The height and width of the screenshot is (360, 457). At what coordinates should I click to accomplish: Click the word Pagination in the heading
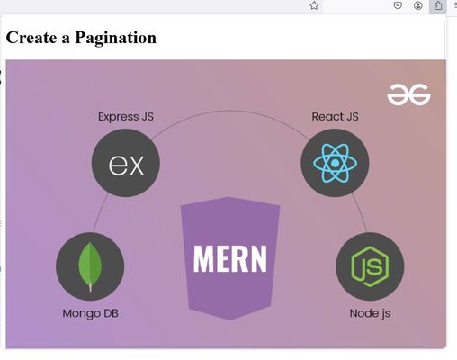click(115, 39)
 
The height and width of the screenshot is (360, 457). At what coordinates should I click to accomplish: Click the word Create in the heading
click(31, 38)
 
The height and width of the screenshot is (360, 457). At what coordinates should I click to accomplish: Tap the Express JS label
click(126, 116)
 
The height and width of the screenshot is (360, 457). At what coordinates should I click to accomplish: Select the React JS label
click(335, 116)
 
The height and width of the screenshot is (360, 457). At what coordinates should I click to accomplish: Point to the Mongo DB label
click(90, 313)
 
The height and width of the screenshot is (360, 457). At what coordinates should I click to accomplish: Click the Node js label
click(370, 313)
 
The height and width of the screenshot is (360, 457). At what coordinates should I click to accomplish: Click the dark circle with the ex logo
click(126, 163)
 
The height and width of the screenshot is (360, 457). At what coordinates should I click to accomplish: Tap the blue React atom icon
click(335, 163)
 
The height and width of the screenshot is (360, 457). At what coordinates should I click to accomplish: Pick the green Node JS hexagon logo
click(370, 266)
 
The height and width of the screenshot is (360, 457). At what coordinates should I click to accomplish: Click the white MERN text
click(230, 259)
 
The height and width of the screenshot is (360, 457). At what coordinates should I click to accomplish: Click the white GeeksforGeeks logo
click(408, 94)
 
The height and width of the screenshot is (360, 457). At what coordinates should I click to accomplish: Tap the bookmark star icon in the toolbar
click(314, 5)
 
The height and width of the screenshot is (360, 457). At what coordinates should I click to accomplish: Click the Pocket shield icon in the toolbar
click(398, 5)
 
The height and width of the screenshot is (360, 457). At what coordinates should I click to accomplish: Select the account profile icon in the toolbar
click(418, 5)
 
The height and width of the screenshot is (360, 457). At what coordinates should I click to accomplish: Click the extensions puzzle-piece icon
click(438, 5)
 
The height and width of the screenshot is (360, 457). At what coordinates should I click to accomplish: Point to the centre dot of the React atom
click(335, 163)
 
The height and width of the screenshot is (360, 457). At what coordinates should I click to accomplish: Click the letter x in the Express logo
click(137, 165)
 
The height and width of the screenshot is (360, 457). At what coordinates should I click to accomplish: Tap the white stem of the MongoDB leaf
click(90, 287)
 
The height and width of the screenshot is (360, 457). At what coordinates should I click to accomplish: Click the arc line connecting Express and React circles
click(229, 111)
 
